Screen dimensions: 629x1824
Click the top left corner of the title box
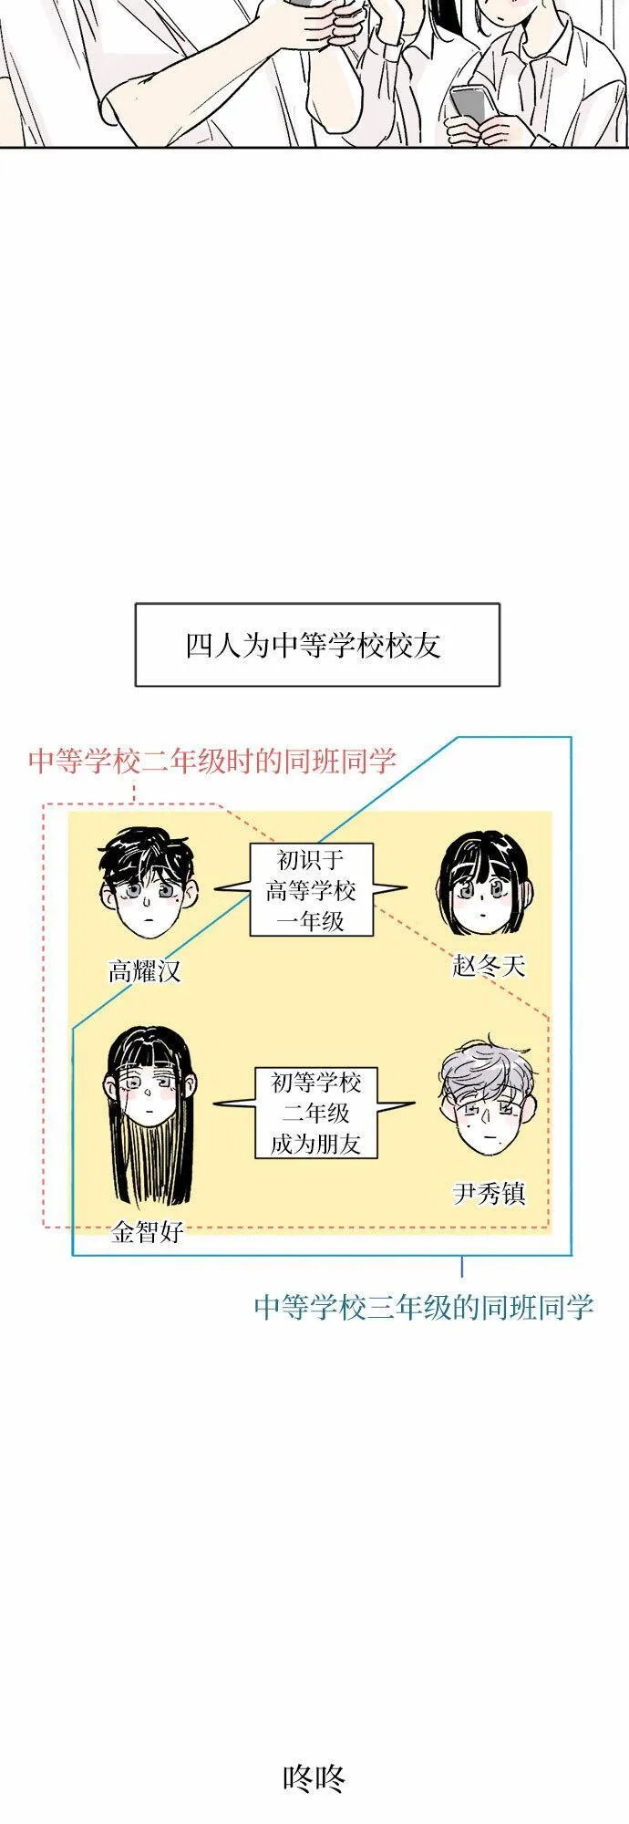click(136, 604)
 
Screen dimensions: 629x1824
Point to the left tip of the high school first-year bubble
click(215, 887)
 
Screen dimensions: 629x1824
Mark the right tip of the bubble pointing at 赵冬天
click(407, 887)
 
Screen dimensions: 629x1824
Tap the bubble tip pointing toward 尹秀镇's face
click(415, 1104)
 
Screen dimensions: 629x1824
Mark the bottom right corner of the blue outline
click(572, 1256)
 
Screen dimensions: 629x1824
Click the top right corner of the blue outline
click(572, 737)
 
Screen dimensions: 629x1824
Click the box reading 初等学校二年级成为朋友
click(315, 1113)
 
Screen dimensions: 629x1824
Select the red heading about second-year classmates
click(211, 761)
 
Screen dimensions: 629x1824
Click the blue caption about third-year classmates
click(424, 1307)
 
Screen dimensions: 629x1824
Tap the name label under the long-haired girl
click(148, 1232)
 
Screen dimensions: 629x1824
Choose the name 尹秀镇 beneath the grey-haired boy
click(489, 1194)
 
